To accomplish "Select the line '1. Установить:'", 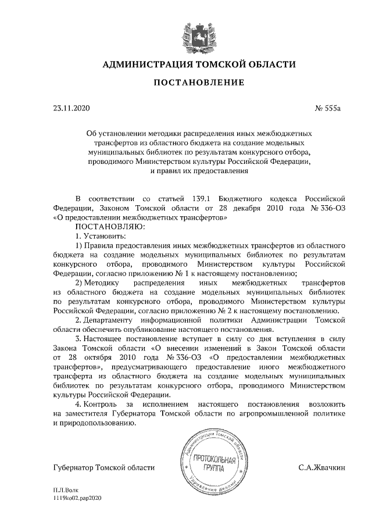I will [100, 236].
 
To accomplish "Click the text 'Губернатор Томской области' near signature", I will [103, 467].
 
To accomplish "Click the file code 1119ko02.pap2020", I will [77, 499].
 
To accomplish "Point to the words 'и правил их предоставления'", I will [199, 171].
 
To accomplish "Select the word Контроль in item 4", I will [103, 403].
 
